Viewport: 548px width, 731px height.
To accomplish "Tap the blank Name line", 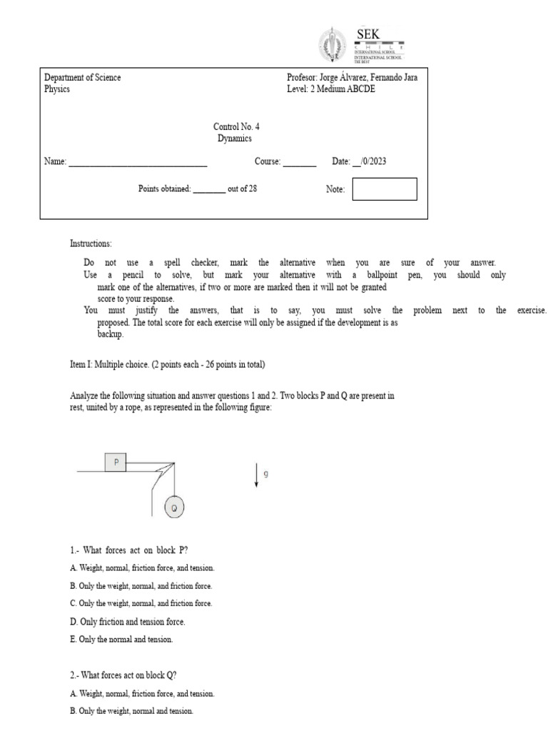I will click(x=137, y=163).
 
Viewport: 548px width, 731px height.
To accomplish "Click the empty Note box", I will click(x=384, y=189).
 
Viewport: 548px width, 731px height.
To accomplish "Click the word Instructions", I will click(x=91, y=243).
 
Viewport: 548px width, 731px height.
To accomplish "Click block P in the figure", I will click(x=116, y=462).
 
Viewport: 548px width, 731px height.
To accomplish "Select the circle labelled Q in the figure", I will click(x=173, y=508).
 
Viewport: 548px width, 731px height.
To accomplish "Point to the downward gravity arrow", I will click(x=255, y=475).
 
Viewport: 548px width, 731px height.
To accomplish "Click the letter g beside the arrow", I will click(x=266, y=473).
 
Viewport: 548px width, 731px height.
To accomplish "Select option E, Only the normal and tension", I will click(x=121, y=640).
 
